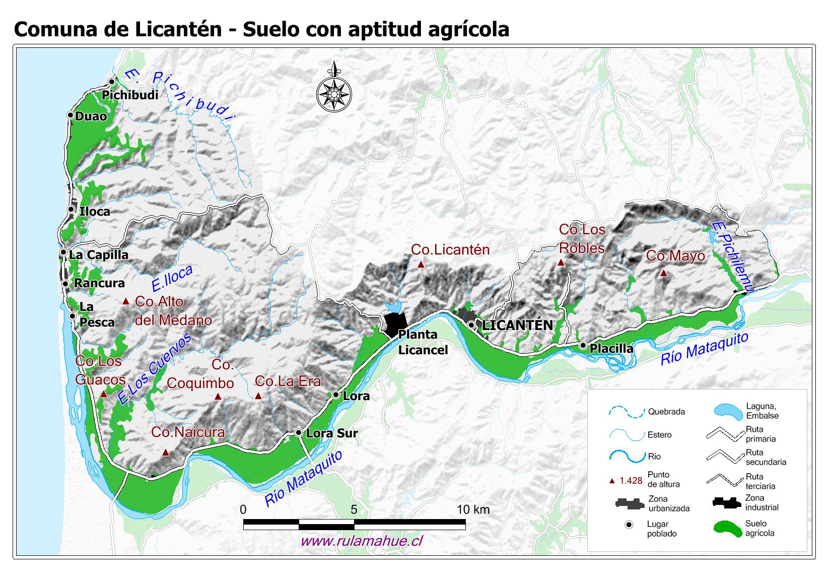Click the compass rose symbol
pyautogui.click(x=333, y=93)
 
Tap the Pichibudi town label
pyautogui.click(x=130, y=95)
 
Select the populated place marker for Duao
pyautogui.click(x=71, y=115)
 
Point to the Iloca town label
pyautogui.click(x=95, y=212)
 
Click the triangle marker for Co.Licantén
pyautogui.click(x=421, y=264)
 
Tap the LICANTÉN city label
pyautogui.click(x=517, y=326)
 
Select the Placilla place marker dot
pyautogui.click(x=583, y=346)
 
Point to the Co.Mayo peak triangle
pyautogui.click(x=664, y=273)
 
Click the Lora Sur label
pyautogui.click(x=332, y=433)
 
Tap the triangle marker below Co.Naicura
pyautogui.click(x=166, y=453)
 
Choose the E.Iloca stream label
pyautogui.click(x=172, y=279)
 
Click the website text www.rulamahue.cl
pyautogui.click(x=362, y=541)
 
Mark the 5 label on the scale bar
pyautogui.click(x=354, y=509)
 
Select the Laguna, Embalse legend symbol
pyautogui.click(x=728, y=411)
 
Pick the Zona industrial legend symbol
pyautogui.click(x=726, y=502)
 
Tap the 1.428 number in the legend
pyautogui.click(x=631, y=481)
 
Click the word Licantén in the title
pyautogui.click(x=178, y=29)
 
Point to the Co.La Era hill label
pyautogui.click(x=288, y=381)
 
